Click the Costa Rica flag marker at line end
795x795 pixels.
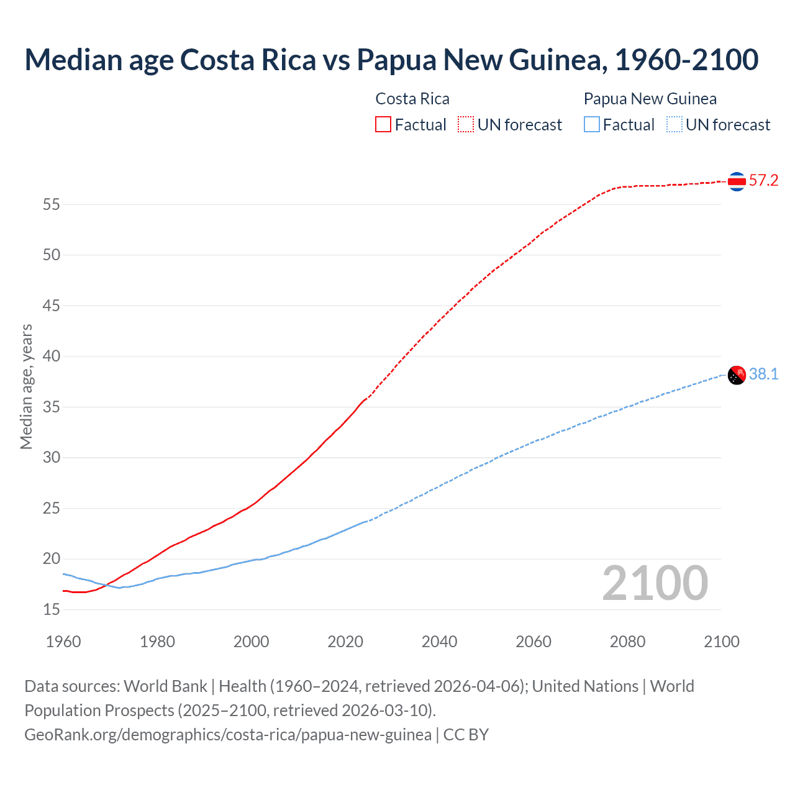click(737, 181)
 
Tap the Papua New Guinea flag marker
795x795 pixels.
click(737, 375)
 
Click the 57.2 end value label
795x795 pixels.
click(763, 181)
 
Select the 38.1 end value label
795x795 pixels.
click(763, 374)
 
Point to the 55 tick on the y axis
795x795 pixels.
click(52, 204)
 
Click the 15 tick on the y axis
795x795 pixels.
click(52, 610)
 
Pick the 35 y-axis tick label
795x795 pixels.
click(52, 407)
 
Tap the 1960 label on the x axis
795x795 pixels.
click(63, 642)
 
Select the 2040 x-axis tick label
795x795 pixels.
click(439, 642)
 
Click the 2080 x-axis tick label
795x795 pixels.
click(627, 642)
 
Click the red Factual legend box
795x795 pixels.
click(383, 124)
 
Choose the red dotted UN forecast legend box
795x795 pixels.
click(466, 124)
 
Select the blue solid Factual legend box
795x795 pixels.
click(592, 124)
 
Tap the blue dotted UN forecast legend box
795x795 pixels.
click(675, 124)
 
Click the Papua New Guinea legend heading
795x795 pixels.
click(650, 99)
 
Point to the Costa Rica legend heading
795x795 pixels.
click(412, 99)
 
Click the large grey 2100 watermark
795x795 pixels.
click(655, 583)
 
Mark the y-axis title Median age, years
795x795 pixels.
click(26, 386)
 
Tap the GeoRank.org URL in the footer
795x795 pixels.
click(228, 735)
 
